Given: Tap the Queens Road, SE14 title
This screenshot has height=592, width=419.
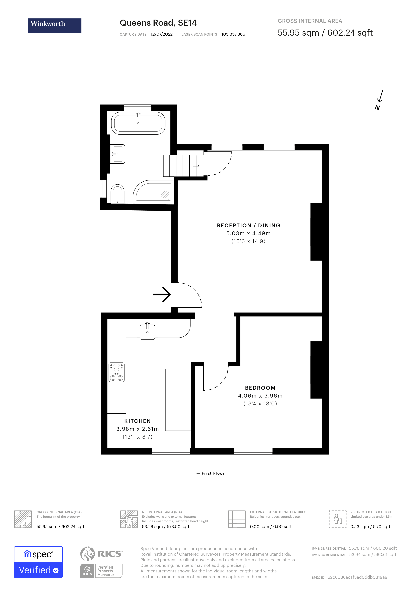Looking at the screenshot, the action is pos(158,23).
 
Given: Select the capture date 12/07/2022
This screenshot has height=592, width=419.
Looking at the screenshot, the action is pos(162,34).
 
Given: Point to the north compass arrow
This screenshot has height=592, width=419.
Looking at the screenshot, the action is pos(380,96).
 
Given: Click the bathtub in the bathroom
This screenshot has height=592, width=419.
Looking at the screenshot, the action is pos(138,123).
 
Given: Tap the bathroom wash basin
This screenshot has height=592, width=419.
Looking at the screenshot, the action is pos(118,154).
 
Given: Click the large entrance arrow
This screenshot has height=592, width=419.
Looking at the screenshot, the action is pos(162,294).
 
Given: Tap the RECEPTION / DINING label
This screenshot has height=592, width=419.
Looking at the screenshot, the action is pos(248,225).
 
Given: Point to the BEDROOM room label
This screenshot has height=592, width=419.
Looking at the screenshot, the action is pos(260,388).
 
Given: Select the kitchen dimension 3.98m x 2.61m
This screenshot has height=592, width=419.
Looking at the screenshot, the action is pos(137,429).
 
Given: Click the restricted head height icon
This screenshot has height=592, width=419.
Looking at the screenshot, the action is pos(338,519).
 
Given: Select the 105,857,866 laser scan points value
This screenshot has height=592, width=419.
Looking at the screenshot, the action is pos(233,34).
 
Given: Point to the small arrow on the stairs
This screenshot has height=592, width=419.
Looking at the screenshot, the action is pos(196,166).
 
